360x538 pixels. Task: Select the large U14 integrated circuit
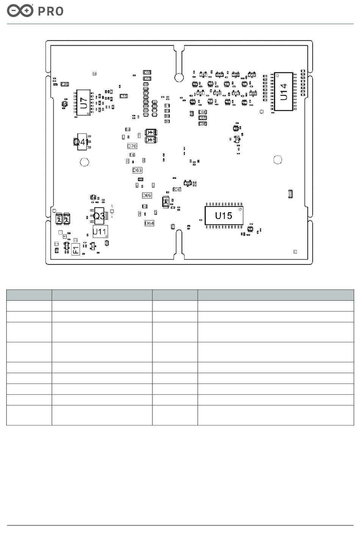click(283, 91)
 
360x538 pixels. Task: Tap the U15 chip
click(224, 215)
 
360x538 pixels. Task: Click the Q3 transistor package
click(99, 216)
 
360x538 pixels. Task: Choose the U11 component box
click(100, 231)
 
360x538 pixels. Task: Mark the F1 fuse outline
click(76, 249)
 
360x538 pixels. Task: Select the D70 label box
click(132, 146)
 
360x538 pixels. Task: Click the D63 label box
click(137, 170)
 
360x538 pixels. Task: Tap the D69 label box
click(147, 195)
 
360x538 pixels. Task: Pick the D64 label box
click(149, 223)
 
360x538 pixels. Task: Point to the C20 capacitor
click(65, 84)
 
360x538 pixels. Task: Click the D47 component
click(203, 75)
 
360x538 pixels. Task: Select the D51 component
click(200, 93)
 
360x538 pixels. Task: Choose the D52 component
click(236, 93)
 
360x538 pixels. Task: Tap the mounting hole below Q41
click(85, 162)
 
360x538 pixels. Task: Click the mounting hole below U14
click(278, 160)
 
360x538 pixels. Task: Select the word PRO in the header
click(51, 11)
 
